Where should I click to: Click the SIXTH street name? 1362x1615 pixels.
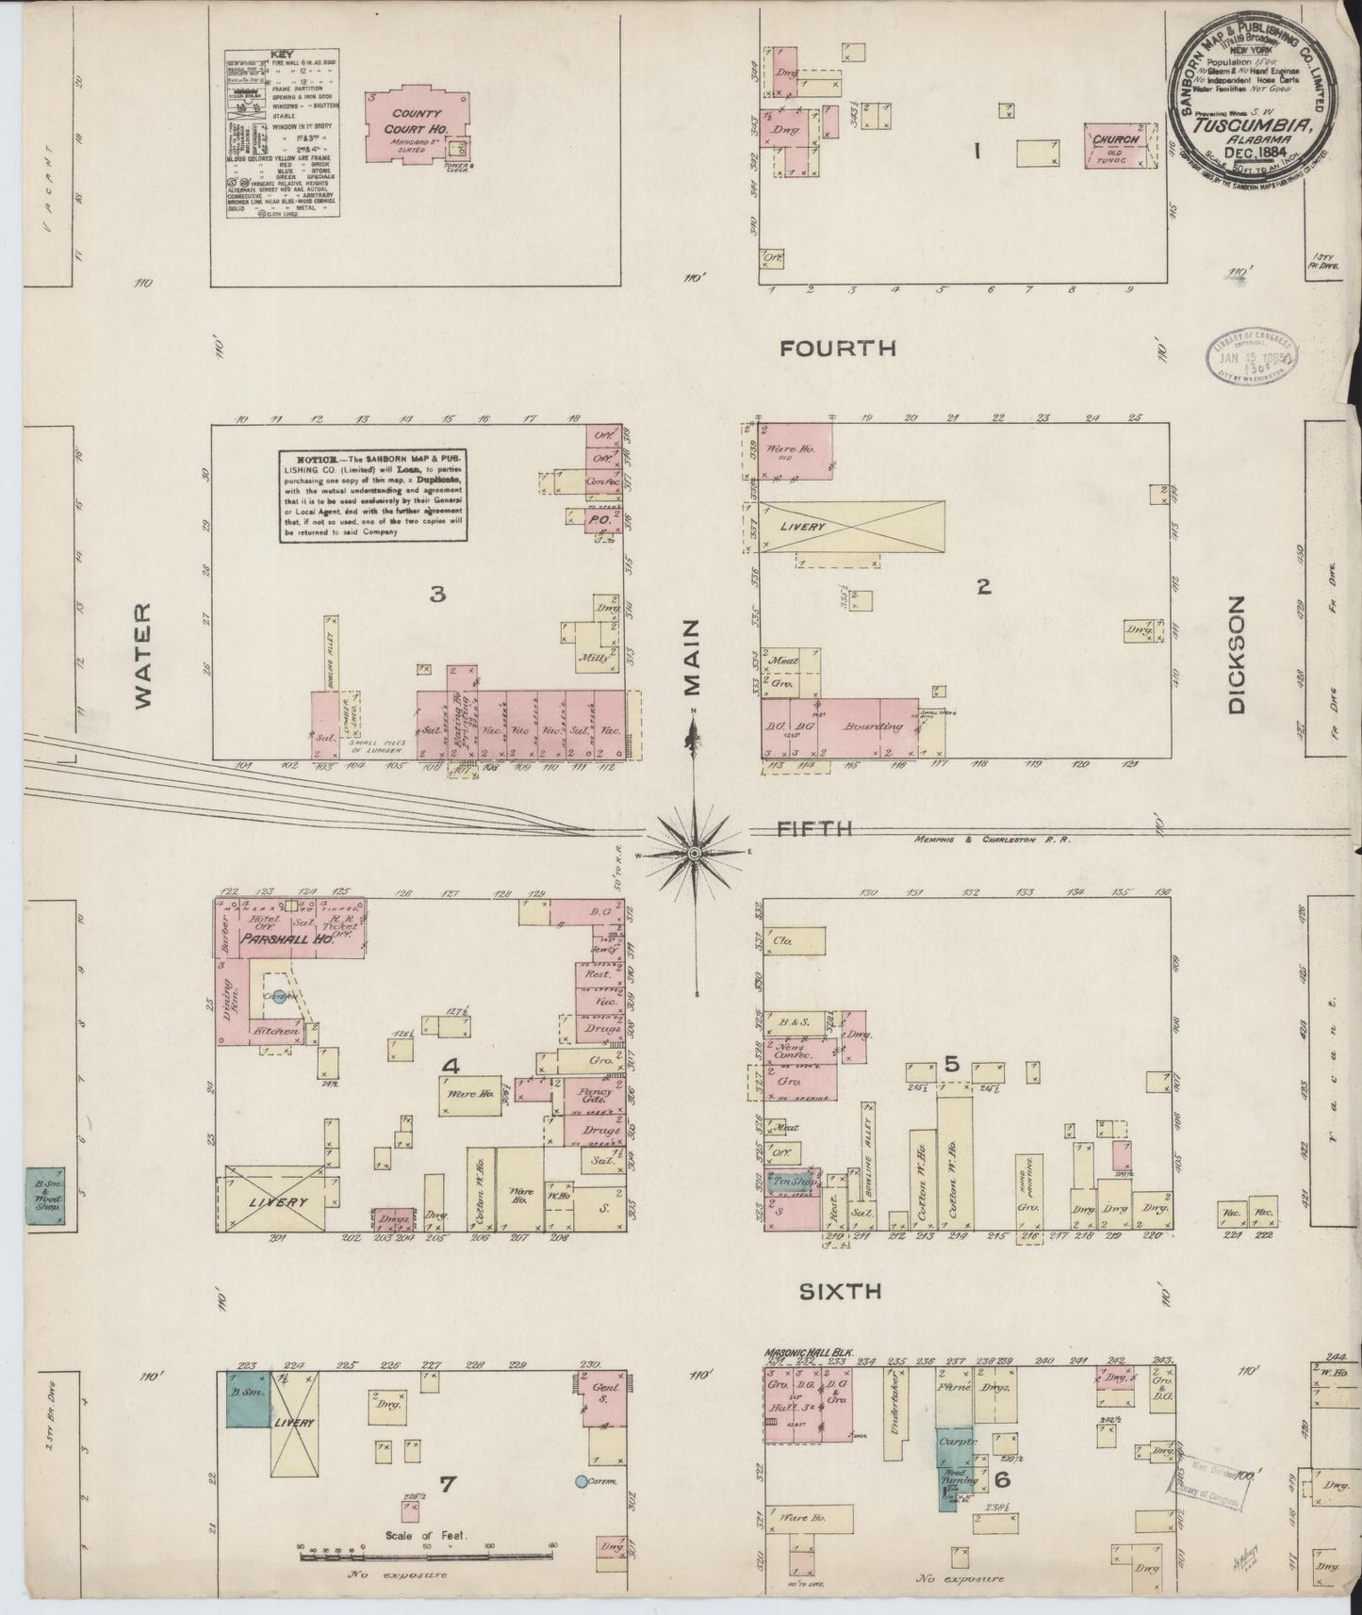point(840,1292)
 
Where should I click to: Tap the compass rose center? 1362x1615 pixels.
point(694,853)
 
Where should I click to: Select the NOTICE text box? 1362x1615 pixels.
point(373,495)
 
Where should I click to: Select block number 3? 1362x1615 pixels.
point(436,594)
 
